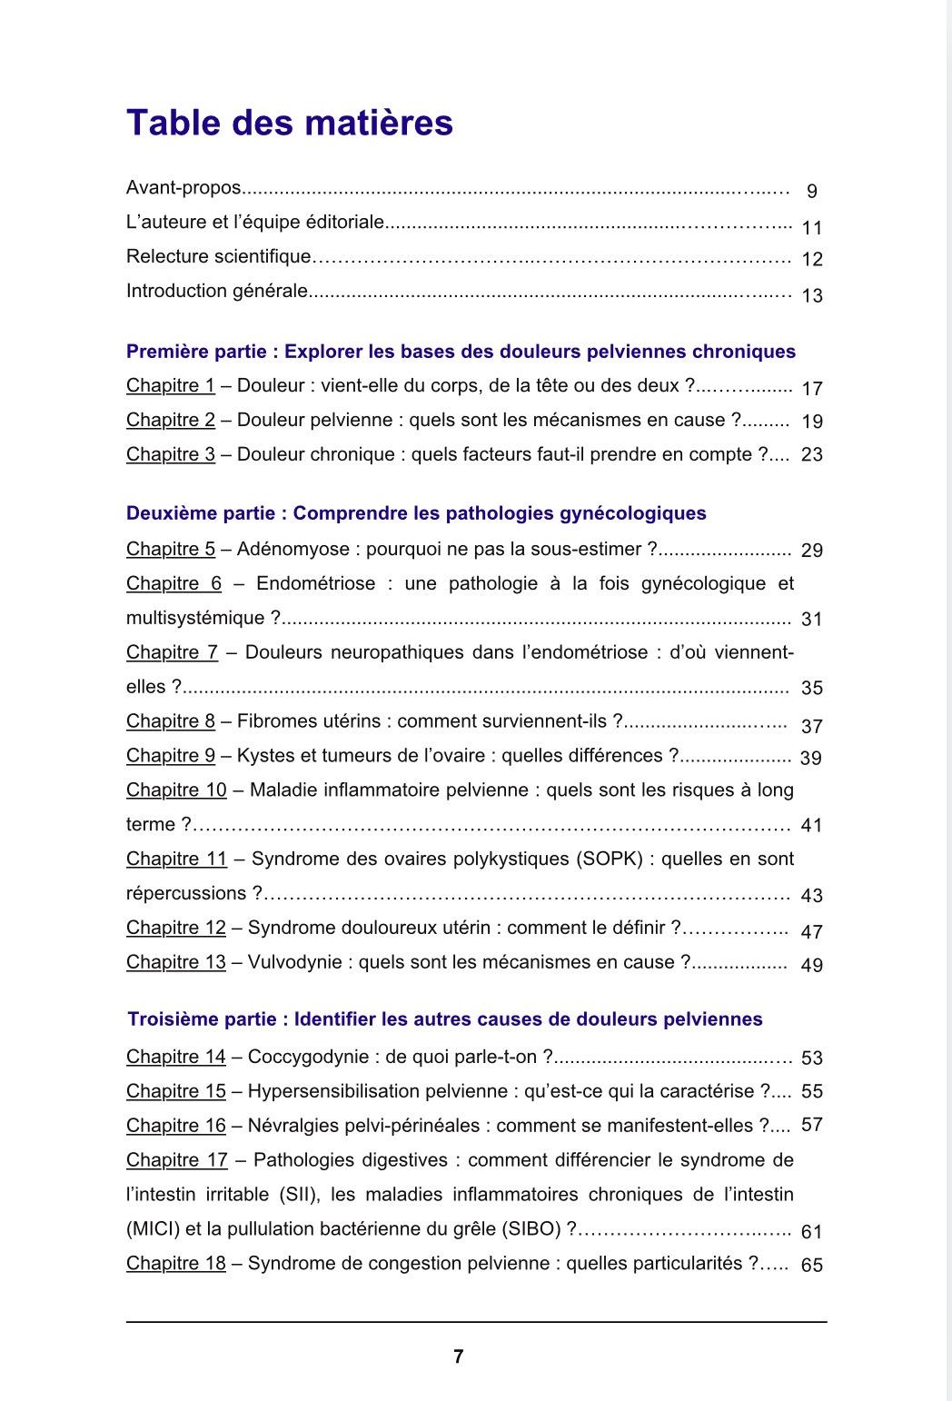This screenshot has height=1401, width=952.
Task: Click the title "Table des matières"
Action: coord(289,123)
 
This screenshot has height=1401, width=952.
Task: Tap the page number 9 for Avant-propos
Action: coord(811,191)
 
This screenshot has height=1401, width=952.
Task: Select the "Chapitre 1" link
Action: coord(171,385)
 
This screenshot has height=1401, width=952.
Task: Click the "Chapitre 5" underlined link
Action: coord(171,549)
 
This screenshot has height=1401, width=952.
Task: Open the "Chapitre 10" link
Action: coord(176,790)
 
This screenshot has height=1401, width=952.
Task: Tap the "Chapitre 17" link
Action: coord(177,1159)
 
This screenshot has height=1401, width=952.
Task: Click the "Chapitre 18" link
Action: coord(176,1263)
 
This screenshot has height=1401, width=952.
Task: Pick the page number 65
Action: coord(811,1265)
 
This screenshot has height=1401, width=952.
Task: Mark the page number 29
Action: coord(811,551)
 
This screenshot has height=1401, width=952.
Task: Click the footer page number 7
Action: coord(458,1356)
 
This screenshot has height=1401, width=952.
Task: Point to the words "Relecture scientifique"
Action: coord(218,257)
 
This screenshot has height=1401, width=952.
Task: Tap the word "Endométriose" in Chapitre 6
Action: coord(315,583)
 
